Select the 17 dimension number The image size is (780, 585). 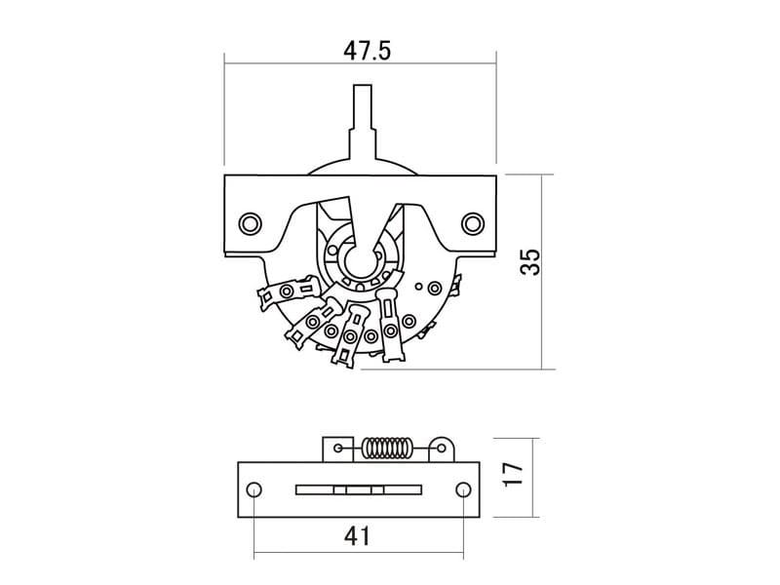point(514,475)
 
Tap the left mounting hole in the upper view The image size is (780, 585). point(251,222)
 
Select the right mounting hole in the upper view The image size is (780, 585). point(473,222)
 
